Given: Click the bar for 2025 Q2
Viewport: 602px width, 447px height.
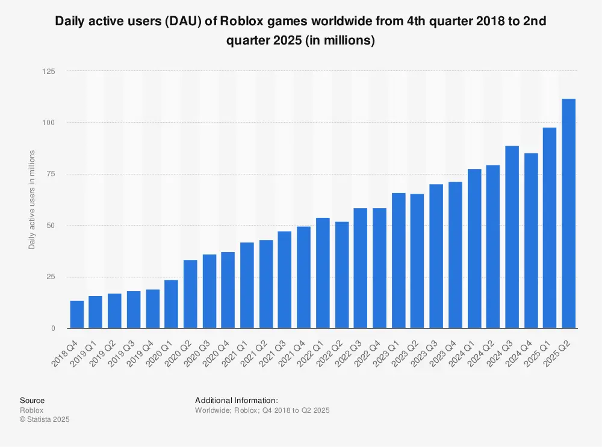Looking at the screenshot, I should click(568, 214).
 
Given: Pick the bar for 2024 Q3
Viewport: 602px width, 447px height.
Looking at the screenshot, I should click(512, 237).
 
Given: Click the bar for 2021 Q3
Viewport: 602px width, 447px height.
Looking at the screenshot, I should click(285, 280).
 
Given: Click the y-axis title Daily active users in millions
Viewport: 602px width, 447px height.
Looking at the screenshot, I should click(32, 200).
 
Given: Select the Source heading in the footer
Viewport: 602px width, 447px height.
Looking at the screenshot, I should click(32, 400).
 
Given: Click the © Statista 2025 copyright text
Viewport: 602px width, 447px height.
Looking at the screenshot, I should click(45, 419).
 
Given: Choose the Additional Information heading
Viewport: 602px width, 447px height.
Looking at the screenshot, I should click(237, 400).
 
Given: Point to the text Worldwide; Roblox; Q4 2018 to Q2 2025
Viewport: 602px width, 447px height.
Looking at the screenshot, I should click(262, 410).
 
